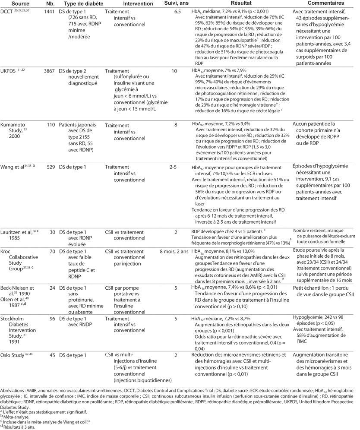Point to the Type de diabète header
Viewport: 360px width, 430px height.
coord(80,3)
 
